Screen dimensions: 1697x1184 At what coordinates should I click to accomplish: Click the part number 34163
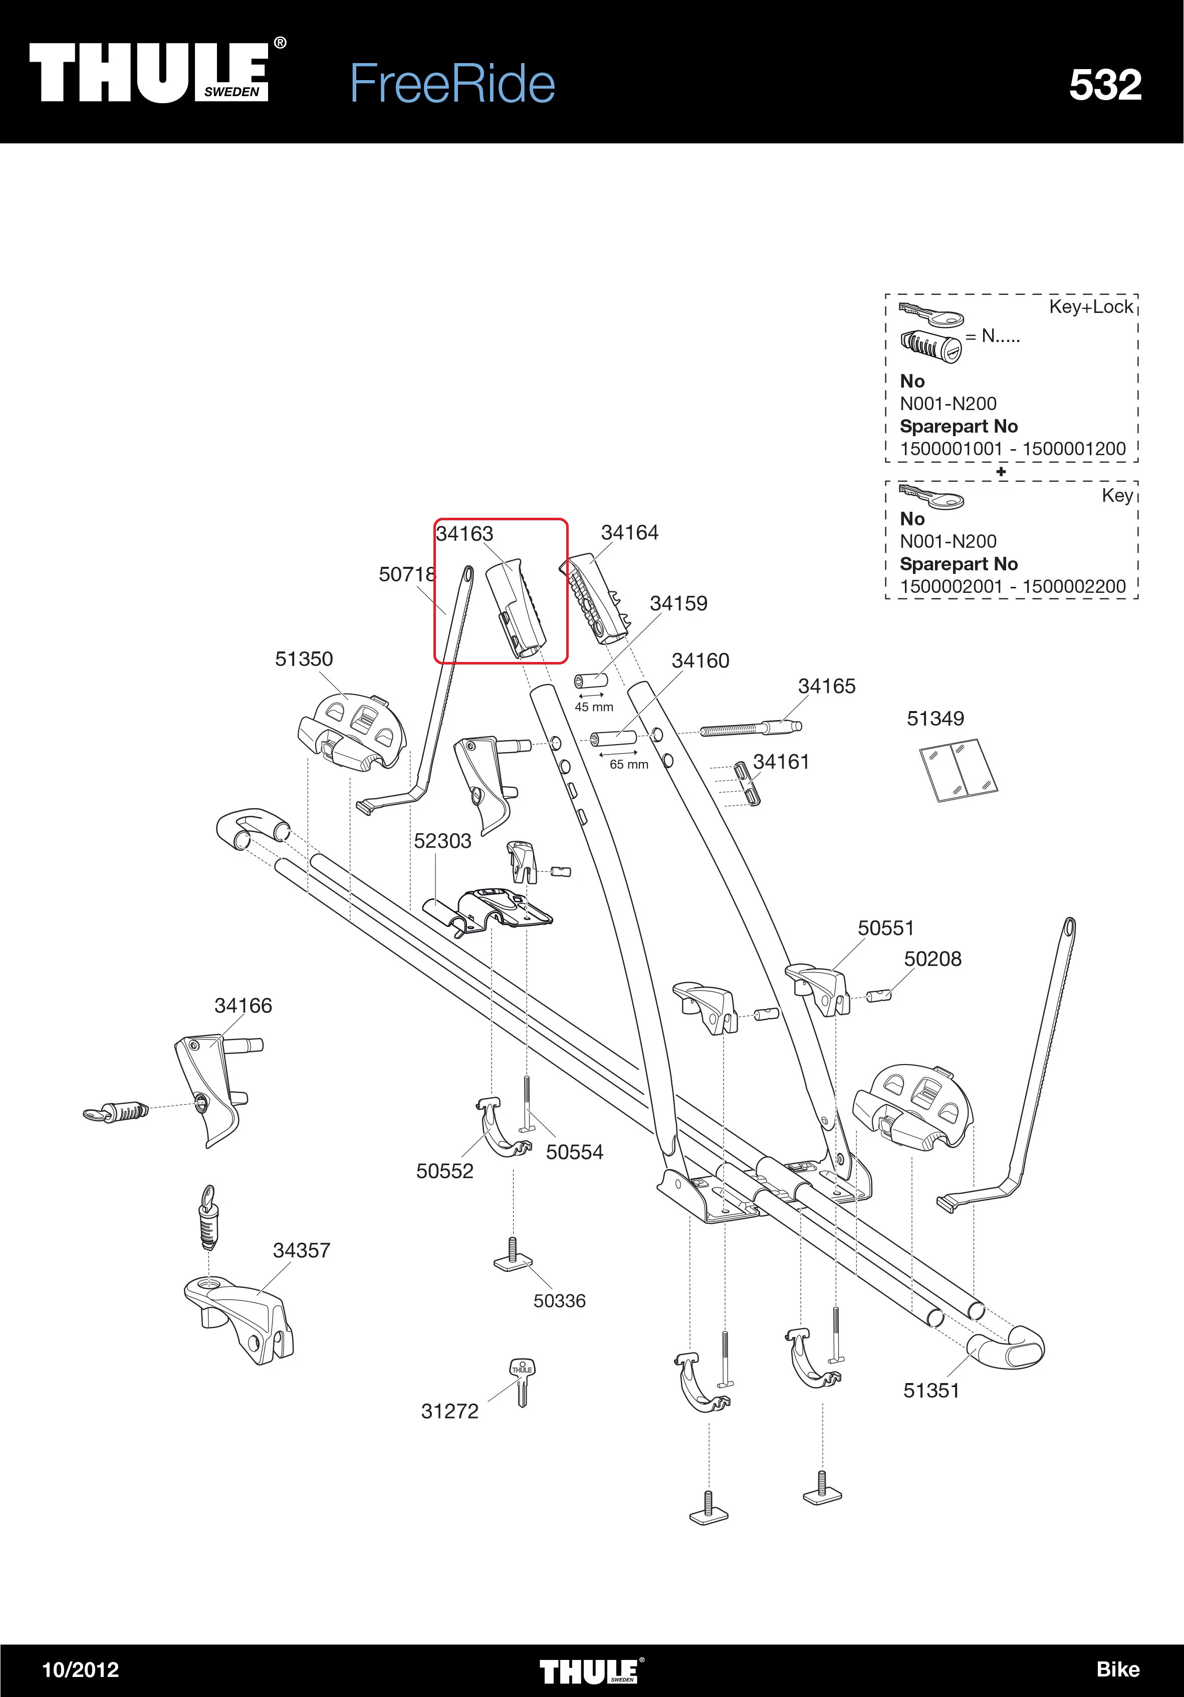click(464, 534)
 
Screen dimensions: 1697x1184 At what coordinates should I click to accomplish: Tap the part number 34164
click(629, 532)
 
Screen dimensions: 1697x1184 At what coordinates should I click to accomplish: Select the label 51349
click(935, 719)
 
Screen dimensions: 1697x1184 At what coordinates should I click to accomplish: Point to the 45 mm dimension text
click(594, 708)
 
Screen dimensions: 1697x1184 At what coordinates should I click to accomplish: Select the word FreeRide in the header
click(452, 84)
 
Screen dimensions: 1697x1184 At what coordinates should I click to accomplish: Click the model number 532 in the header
click(1105, 85)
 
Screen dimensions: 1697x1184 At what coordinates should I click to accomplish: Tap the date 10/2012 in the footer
click(81, 1669)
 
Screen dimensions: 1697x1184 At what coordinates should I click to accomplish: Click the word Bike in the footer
click(1117, 1669)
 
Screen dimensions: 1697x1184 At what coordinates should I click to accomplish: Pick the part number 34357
click(301, 1250)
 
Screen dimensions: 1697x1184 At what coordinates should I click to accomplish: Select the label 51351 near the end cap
click(931, 1391)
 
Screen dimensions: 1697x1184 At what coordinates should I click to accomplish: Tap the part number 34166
click(244, 1006)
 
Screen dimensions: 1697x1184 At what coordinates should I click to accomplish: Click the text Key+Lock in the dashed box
click(1091, 307)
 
